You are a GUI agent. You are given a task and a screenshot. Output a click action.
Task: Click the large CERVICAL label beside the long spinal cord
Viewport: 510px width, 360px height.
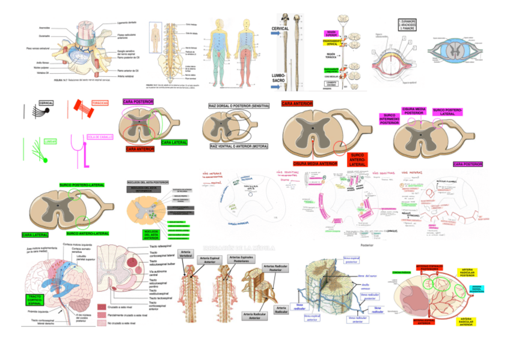tap(280, 28)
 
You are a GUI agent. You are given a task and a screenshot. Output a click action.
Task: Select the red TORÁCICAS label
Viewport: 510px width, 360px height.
tap(100, 103)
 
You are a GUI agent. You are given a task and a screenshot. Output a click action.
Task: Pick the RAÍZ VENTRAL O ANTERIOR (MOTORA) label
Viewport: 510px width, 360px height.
tap(239, 146)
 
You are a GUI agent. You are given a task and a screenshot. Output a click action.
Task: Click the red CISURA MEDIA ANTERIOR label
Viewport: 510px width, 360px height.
tap(315, 163)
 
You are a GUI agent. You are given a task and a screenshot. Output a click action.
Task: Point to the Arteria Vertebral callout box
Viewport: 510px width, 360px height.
tap(186, 255)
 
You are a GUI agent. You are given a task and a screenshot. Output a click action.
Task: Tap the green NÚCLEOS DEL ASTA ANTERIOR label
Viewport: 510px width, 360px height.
tap(151, 234)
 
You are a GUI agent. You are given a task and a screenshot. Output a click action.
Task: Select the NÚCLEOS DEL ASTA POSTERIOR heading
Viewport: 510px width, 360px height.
tap(148, 181)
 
